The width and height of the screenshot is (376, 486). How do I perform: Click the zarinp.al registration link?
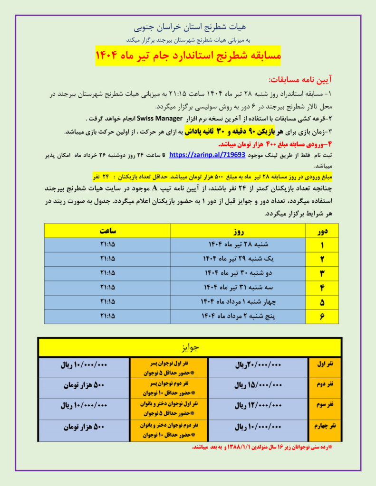click(x=207, y=155)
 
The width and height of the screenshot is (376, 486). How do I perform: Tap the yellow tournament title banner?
click(x=188, y=56)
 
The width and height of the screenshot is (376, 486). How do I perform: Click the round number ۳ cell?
click(x=322, y=273)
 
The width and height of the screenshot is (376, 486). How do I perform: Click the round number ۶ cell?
click(x=322, y=316)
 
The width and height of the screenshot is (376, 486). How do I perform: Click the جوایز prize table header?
click(x=190, y=347)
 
